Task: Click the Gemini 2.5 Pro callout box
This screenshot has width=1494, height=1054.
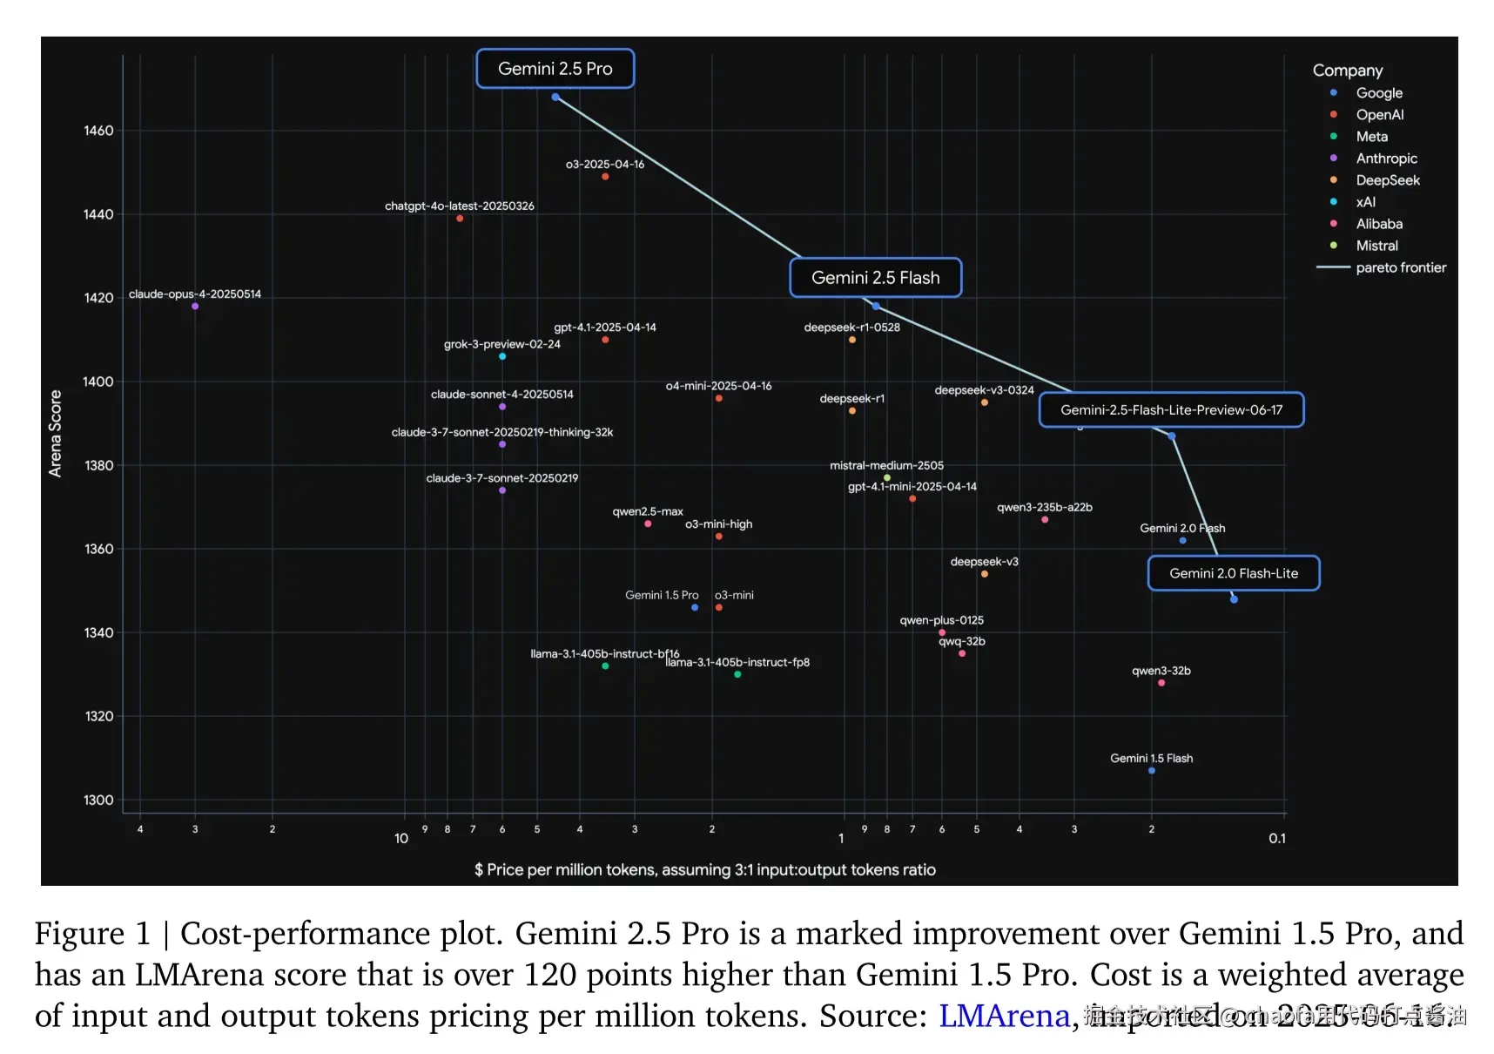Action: (x=555, y=69)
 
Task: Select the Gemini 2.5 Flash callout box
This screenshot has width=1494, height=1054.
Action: (x=875, y=278)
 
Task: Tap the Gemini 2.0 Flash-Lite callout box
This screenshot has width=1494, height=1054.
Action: (x=1233, y=573)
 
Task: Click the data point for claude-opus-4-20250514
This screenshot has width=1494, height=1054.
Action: (x=195, y=307)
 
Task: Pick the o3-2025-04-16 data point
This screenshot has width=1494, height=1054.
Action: (x=605, y=177)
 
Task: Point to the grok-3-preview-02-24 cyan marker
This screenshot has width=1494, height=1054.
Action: (x=502, y=356)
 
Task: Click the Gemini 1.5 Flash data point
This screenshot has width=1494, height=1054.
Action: (x=1152, y=771)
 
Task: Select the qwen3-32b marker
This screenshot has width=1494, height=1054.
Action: (x=1161, y=683)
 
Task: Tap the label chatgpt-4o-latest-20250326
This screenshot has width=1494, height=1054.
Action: (x=459, y=206)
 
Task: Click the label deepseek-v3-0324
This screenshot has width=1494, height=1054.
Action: (x=984, y=390)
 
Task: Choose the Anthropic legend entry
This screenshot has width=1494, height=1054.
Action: (x=1386, y=159)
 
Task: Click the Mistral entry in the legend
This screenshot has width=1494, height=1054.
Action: (x=1376, y=246)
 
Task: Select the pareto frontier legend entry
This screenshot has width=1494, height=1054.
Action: (x=1400, y=267)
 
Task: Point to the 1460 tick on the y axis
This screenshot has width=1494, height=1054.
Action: (x=98, y=131)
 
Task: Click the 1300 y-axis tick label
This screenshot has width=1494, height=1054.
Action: (x=98, y=800)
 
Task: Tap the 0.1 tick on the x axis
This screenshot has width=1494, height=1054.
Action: (x=1276, y=838)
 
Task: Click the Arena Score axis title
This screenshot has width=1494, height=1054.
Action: (x=56, y=433)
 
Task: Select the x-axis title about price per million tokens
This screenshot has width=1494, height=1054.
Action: (x=704, y=869)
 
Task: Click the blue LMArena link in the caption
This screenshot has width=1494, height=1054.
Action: (x=1003, y=1016)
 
